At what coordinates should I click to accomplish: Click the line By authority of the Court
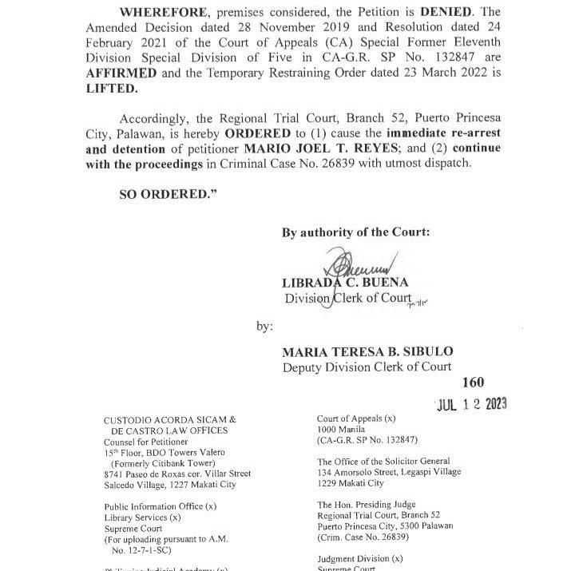[355, 233]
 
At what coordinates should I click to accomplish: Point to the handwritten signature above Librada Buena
[355, 264]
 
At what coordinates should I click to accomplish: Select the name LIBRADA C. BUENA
[345, 283]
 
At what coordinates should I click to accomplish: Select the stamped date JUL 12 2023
[471, 404]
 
